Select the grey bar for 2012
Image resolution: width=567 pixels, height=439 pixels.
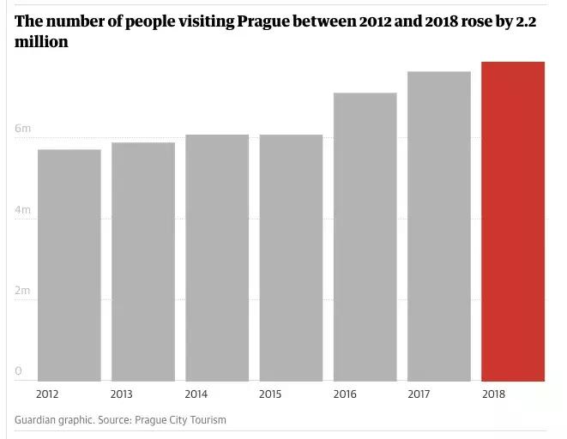(x=69, y=265)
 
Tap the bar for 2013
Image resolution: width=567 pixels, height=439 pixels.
(x=143, y=262)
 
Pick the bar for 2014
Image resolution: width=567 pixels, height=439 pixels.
(x=217, y=257)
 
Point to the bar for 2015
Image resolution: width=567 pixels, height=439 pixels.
(x=291, y=257)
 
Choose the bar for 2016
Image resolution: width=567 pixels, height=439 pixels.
(x=365, y=237)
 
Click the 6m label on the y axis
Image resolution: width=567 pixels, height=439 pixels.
(x=22, y=129)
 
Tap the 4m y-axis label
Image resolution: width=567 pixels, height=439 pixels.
(x=22, y=210)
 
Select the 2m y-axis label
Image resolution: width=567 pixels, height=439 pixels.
(x=22, y=291)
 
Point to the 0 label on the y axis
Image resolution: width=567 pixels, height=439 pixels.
(x=18, y=371)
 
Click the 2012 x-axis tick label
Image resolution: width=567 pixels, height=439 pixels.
(x=48, y=394)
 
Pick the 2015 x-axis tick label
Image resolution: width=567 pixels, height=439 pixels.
(x=270, y=394)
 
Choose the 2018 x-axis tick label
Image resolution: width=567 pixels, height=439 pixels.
(x=493, y=394)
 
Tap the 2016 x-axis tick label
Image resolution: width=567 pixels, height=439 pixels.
(x=345, y=394)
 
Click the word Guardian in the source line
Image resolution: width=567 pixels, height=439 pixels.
(x=39, y=420)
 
